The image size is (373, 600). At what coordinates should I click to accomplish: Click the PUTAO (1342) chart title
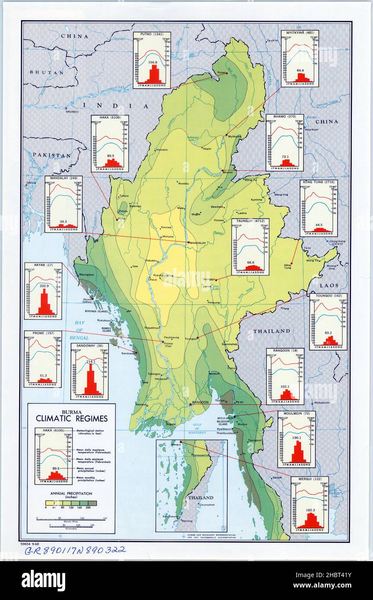(152, 35)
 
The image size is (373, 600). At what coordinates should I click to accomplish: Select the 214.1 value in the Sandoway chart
(90, 361)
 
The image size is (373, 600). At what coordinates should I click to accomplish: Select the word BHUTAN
(46, 73)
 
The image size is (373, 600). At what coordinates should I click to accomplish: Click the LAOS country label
(329, 285)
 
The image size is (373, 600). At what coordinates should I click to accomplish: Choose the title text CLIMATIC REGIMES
(72, 418)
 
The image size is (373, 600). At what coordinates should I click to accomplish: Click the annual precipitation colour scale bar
(71, 503)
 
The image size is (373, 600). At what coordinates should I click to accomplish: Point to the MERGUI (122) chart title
(309, 479)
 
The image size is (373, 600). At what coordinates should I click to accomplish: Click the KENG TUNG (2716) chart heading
(319, 183)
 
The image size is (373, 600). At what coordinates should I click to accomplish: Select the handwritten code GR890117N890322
(75, 549)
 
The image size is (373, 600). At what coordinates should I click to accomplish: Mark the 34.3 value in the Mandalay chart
(63, 221)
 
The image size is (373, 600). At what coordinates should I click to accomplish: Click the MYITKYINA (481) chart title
(300, 33)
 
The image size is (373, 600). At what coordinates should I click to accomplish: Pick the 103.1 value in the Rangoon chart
(285, 387)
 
